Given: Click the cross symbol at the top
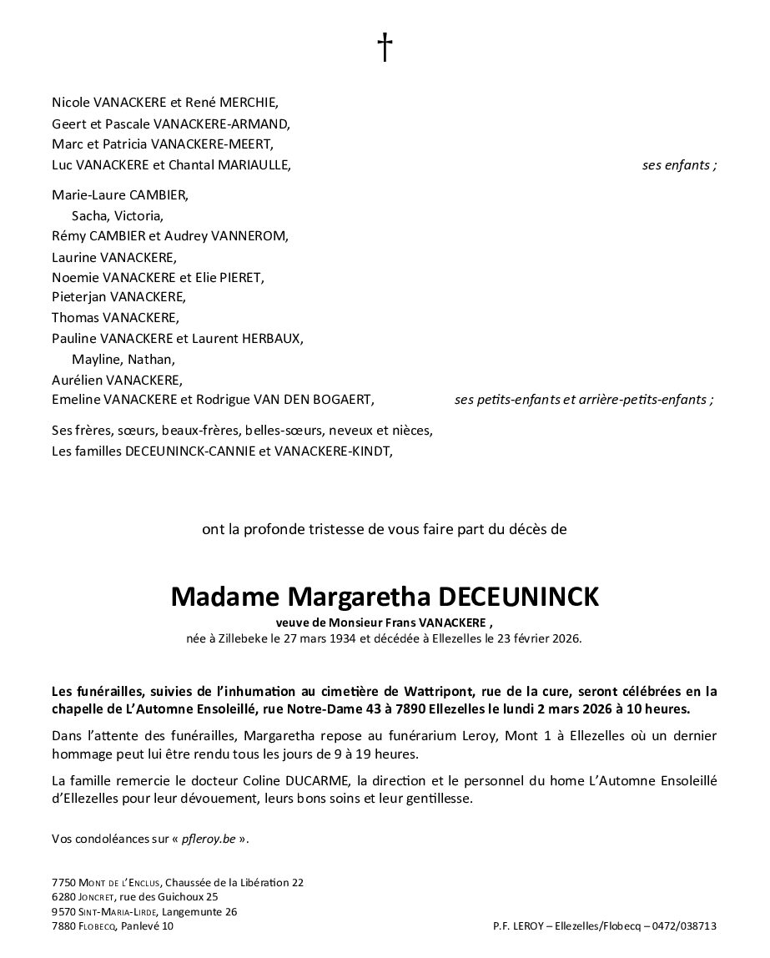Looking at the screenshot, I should (385, 48).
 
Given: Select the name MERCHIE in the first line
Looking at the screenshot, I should (247, 103).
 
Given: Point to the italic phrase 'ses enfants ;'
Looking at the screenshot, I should (679, 165).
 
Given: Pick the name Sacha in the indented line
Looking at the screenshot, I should (88, 215).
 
